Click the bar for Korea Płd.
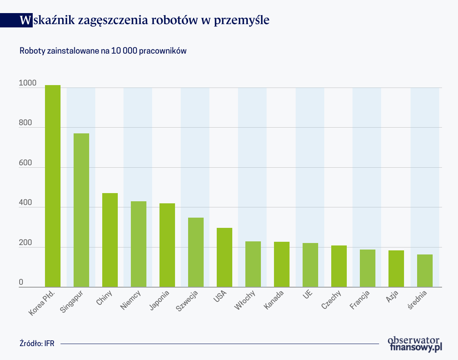click(53, 186)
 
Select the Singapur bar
click(81, 210)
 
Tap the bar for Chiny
click(110, 240)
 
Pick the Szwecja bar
click(196, 252)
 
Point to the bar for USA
click(225, 257)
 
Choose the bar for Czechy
click(339, 266)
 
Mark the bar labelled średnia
click(425, 271)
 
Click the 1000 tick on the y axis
click(27, 83)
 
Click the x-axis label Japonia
click(159, 301)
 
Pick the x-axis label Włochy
click(246, 300)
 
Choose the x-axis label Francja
click(360, 300)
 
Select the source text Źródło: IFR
click(36, 344)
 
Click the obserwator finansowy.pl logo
click(415, 344)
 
